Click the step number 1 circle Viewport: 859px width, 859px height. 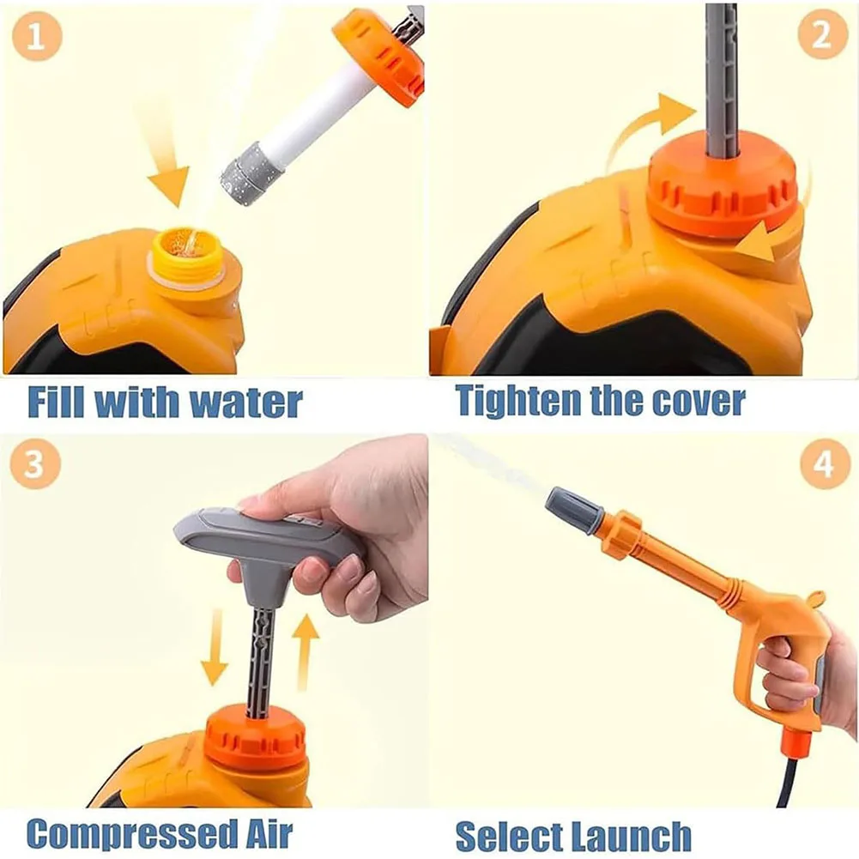coord(36,36)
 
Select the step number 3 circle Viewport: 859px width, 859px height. coord(35,464)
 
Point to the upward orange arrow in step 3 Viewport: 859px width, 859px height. coord(305,652)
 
